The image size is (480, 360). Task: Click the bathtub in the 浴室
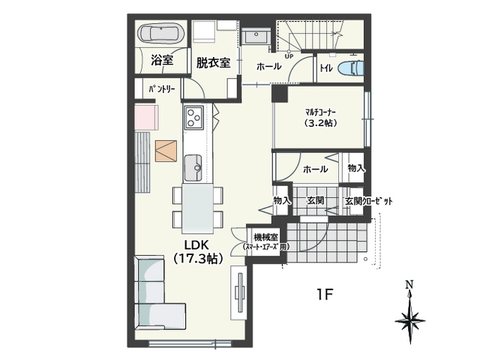pyautogui.click(x=161, y=33)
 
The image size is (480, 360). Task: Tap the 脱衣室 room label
pyautogui.click(x=213, y=63)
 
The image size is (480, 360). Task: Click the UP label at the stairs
pyautogui.click(x=289, y=56)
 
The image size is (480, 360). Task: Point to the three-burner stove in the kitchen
pyautogui.click(x=193, y=117)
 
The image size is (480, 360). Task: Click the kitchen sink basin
pyautogui.click(x=193, y=168)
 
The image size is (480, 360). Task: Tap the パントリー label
pyautogui.click(x=162, y=89)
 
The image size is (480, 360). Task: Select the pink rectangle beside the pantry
pyautogui.click(x=147, y=118)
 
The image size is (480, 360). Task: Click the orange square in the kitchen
pyautogui.click(x=166, y=151)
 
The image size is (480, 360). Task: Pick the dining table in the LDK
pyautogui.click(x=197, y=208)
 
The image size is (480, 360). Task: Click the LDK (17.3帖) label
pyautogui.click(x=197, y=252)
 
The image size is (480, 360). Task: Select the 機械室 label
pyautogui.click(x=265, y=237)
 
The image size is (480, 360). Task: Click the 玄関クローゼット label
pyautogui.click(x=368, y=201)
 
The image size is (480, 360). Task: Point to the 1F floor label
pyautogui.click(x=325, y=295)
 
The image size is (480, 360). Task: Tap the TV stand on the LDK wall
pyautogui.click(x=238, y=292)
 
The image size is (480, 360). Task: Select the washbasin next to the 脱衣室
pyautogui.click(x=255, y=37)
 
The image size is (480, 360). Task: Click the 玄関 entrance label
pyautogui.click(x=315, y=201)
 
